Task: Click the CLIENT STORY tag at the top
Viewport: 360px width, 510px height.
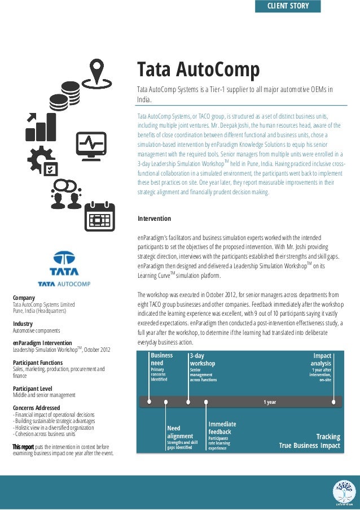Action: point(288,6)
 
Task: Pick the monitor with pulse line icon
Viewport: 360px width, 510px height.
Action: point(91,146)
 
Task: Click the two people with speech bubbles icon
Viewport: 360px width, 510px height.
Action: point(67,193)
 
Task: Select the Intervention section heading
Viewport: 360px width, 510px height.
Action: point(154,219)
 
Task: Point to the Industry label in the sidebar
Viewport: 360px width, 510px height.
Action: point(23,324)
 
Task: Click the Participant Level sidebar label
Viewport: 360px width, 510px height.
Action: point(33,389)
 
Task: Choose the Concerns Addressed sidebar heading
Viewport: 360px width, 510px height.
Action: point(37,408)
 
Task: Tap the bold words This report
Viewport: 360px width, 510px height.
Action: point(23,447)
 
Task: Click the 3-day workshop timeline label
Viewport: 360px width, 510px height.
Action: point(202,360)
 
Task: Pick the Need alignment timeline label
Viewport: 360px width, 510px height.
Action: point(180,432)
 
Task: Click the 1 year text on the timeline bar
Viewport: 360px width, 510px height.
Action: point(270,402)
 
